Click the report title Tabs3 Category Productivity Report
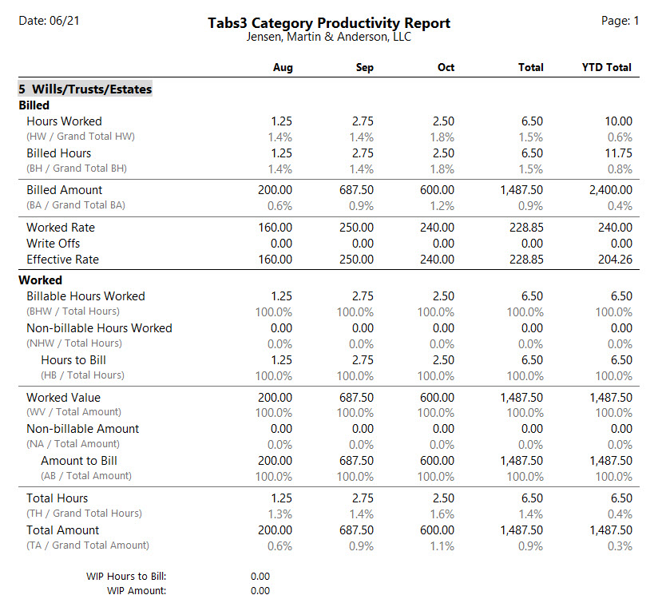[329, 23]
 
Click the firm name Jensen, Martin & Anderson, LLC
[328, 37]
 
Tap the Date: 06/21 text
[49, 21]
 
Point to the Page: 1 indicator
[620, 21]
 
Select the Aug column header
[283, 67]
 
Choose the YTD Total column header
[606, 67]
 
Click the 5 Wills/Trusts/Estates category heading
[85, 89]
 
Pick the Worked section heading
[40, 280]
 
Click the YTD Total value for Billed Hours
[619, 153]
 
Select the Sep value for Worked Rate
[356, 228]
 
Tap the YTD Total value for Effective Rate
[615, 260]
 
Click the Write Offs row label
[54, 244]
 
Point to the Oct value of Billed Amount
[438, 190]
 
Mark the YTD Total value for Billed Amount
[611, 190]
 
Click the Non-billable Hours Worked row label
[100, 328]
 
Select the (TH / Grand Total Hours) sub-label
[85, 514]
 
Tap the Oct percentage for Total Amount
[442, 546]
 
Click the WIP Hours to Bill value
[260, 577]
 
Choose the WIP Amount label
[137, 590]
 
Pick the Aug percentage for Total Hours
[280, 514]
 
